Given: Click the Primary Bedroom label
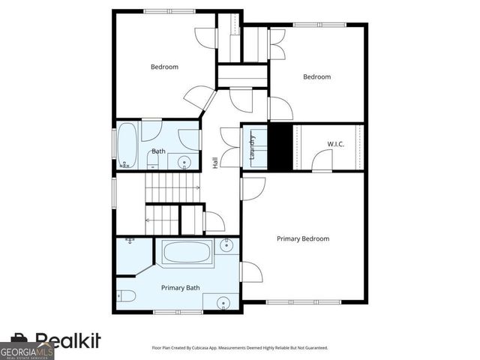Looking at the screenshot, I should pos(303,238).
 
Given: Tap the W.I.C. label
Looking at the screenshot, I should pos(335,144).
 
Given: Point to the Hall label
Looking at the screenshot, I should pos(215,161).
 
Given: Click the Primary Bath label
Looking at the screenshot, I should pos(181,287).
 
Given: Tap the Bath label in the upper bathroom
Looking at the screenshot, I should pos(158,151).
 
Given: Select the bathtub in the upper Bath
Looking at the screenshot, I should pos(126,145).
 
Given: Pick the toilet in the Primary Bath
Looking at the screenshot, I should pos(124,295).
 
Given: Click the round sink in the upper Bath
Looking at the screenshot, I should pos(184,161).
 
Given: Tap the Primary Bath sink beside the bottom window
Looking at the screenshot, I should pos(223,303).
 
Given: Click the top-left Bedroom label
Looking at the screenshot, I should pos(164,67).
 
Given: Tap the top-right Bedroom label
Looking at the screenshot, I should pos(316,76).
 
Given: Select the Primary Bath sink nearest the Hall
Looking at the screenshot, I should pos(227,244).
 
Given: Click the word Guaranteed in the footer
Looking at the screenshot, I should pos(314,348).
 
